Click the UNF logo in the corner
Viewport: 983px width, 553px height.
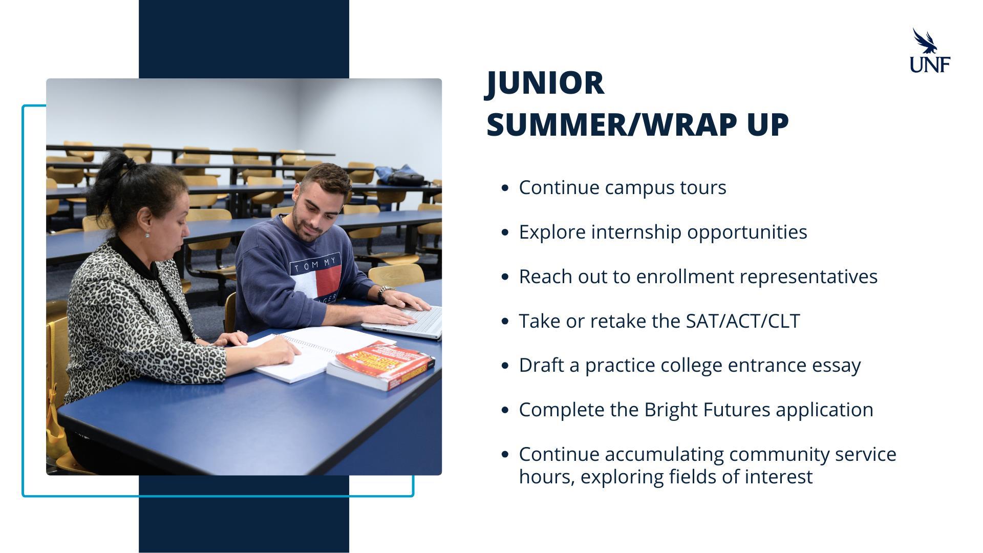point(930,50)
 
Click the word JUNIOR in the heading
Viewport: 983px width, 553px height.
point(545,83)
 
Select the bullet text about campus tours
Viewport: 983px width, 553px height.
point(623,187)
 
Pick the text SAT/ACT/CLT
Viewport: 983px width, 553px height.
point(743,321)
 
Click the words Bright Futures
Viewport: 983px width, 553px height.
point(707,410)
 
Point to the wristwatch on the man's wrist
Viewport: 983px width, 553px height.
point(384,293)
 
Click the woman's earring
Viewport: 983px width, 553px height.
point(147,234)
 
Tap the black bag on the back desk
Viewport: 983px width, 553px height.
point(402,176)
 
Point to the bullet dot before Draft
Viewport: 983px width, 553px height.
point(506,366)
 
